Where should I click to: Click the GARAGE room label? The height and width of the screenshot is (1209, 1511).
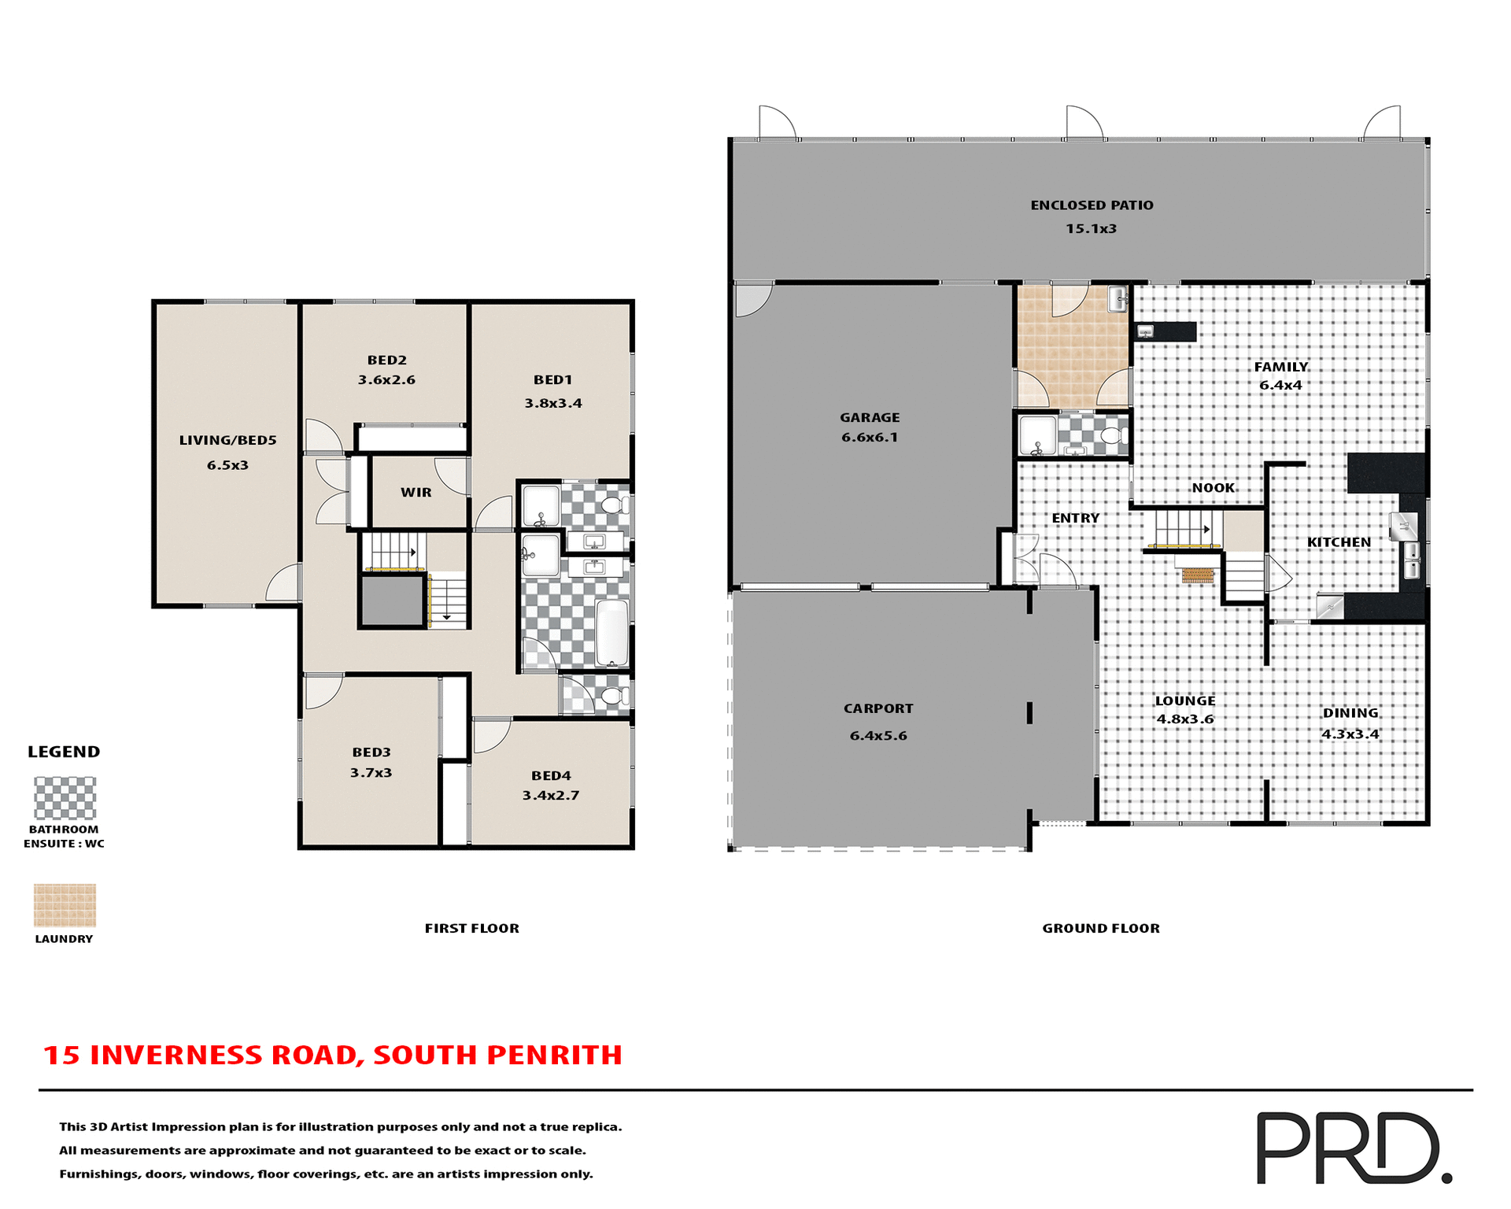(869, 417)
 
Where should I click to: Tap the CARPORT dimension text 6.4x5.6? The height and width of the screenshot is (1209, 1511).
(877, 735)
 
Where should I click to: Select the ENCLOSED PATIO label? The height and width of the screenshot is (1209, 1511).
(1091, 205)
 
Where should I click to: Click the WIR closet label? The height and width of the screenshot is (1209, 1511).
(416, 492)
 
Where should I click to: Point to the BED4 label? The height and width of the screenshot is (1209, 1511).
(550, 775)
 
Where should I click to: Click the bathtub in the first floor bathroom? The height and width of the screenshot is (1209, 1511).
(611, 633)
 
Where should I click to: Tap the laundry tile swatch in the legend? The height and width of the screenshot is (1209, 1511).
(65, 904)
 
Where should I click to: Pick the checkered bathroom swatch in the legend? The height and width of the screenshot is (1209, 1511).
(65, 797)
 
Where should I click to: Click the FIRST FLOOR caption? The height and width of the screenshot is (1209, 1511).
(471, 928)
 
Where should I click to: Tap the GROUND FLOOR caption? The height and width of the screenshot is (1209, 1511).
(1100, 928)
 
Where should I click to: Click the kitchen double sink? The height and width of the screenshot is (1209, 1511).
(1412, 558)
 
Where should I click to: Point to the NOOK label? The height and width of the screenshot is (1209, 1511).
(1213, 487)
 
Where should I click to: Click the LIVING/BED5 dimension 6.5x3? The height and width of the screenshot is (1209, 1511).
(227, 465)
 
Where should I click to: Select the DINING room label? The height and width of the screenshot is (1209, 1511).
(1350, 712)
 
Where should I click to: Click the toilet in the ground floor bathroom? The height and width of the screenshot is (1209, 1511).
(1112, 435)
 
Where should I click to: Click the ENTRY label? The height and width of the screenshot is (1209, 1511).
(1075, 518)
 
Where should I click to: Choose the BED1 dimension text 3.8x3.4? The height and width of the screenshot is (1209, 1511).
(552, 403)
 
